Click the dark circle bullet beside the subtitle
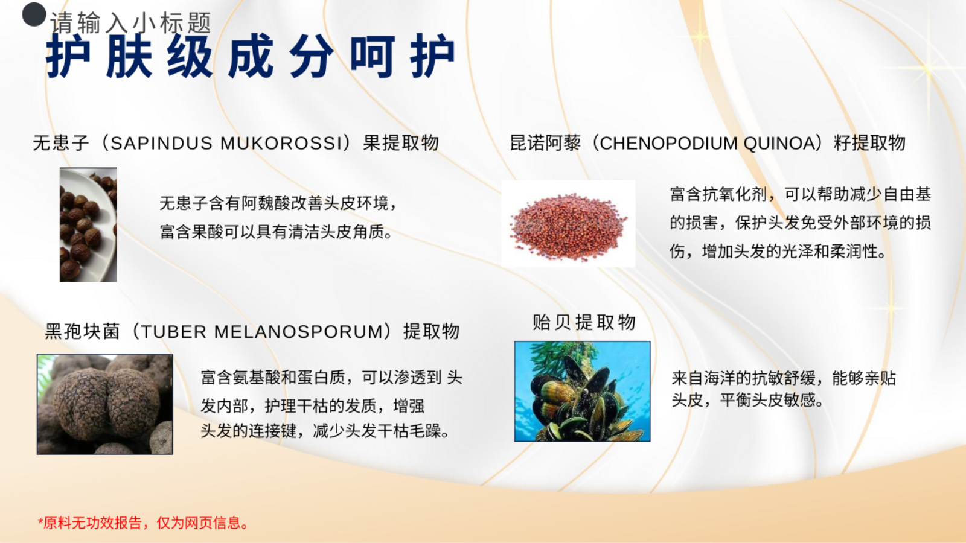click(x=34, y=14)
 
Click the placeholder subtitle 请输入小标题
click(x=130, y=23)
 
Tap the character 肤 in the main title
click(x=129, y=56)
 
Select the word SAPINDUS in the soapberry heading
click(x=161, y=143)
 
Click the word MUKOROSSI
click(x=281, y=143)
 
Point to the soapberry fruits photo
click(x=88, y=224)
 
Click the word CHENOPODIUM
click(x=668, y=143)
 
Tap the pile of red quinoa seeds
click(x=568, y=227)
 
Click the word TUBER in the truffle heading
click(x=174, y=332)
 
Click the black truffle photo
click(x=105, y=404)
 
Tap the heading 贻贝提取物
click(x=584, y=322)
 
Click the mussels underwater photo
click(x=582, y=392)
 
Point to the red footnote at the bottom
click(x=143, y=522)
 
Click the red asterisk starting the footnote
click(x=40, y=522)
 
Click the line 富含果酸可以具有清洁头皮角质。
click(x=276, y=232)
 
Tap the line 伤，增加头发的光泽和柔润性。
click(x=778, y=251)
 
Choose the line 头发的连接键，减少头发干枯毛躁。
click(x=325, y=431)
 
